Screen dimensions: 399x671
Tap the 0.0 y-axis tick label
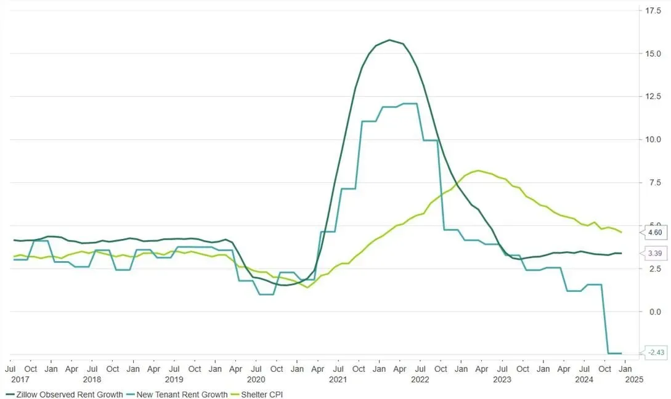coord(651,312)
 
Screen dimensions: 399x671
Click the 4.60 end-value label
coord(655,233)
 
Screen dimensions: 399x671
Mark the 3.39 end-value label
coord(655,253)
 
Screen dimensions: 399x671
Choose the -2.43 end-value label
coord(654,352)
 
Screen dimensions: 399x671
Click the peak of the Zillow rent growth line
coord(389,40)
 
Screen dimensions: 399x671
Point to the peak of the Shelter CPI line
coord(478,171)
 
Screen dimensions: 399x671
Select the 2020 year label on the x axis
coord(256,379)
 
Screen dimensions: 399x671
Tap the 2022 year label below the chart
coord(420,379)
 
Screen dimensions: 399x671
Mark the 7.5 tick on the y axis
coord(651,183)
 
